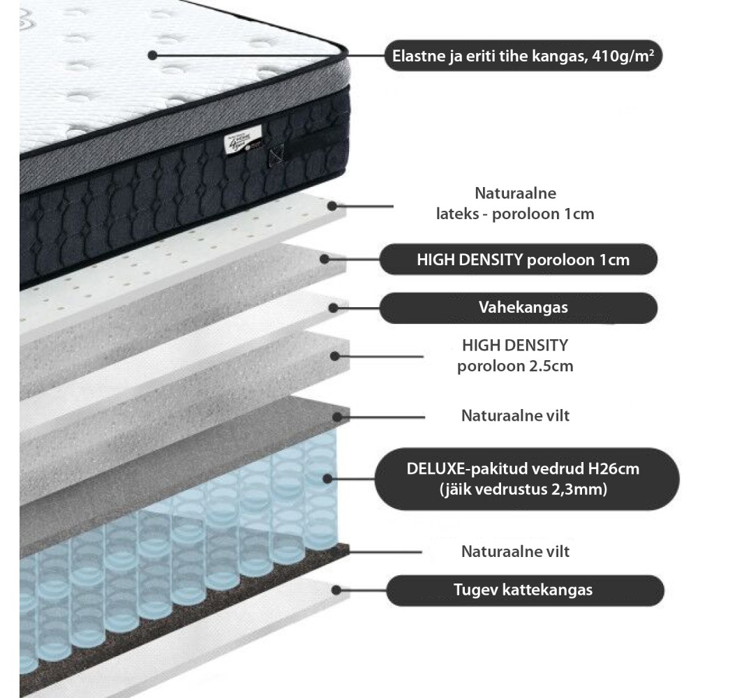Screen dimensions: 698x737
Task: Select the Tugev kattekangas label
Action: coord(523,590)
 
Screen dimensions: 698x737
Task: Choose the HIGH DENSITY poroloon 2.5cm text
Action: coord(515,355)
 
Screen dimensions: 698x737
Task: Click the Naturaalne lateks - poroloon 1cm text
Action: coord(515,203)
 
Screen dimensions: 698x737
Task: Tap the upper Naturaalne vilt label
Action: coord(515,416)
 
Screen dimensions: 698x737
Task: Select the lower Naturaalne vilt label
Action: coord(515,551)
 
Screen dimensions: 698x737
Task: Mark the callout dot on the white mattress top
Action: coord(153,55)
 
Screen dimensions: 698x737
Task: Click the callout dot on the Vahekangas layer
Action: coord(334,307)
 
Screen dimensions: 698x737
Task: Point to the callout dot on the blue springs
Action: coord(328,478)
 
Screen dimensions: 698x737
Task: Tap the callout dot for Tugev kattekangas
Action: coord(336,590)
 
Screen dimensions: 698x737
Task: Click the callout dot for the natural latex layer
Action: coord(334,206)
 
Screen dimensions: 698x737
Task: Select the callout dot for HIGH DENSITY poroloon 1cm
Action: coord(325,259)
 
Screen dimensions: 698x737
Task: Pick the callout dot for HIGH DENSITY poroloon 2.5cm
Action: coord(335,355)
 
